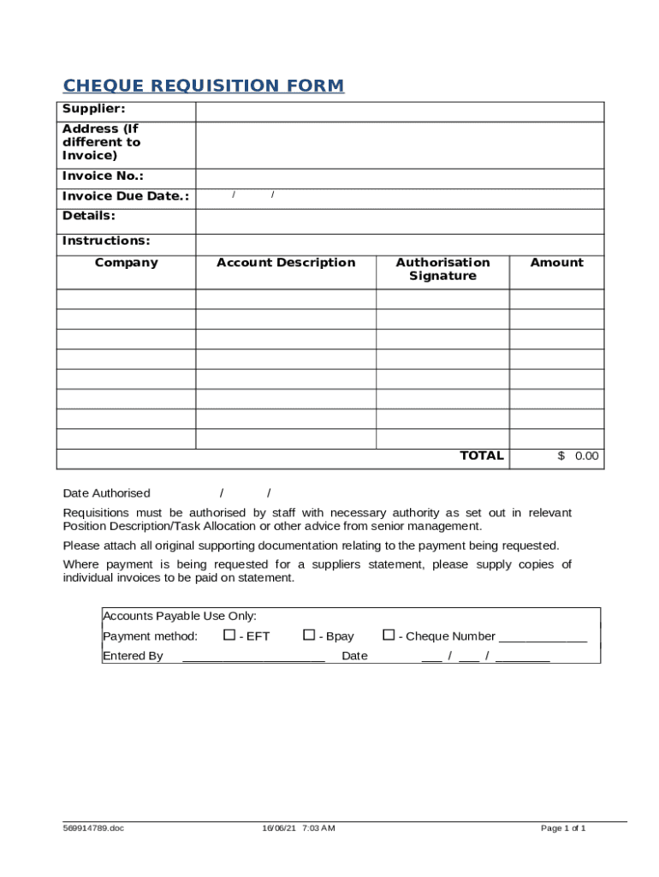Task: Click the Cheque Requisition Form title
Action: pyautogui.click(x=204, y=86)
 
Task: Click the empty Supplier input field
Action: pyautogui.click(x=400, y=111)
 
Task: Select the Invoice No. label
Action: pyautogui.click(x=103, y=176)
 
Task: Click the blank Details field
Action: pyautogui.click(x=400, y=220)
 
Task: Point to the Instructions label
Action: pyautogui.click(x=106, y=241)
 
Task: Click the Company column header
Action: pyautogui.click(x=126, y=263)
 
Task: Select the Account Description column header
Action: pyautogui.click(x=286, y=263)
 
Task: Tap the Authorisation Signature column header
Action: pyautogui.click(x=442, y=269)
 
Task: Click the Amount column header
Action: pyautogui.click(x=556, y=263)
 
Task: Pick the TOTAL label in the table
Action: pyautogui.click(x=482, y=456)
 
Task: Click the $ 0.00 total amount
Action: pyautogui.click(x=579, y=456)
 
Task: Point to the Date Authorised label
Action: pyautogui.click(x=107, y=493)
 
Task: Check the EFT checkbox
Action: pyautogui.click(x=229, y=635)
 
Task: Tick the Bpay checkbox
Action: pyautogui.click(x=309, y=635)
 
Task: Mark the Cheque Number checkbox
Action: pyautogui.click(x=389, y=635)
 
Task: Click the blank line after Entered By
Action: pyautogui.click(x=253, y=657)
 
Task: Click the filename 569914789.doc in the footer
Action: pyautogui.click(x=93, y=828)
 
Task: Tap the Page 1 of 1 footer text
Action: pyautogui.click(x=563, y=828)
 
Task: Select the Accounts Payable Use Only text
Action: pyautogui.click(x=180, y=616)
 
